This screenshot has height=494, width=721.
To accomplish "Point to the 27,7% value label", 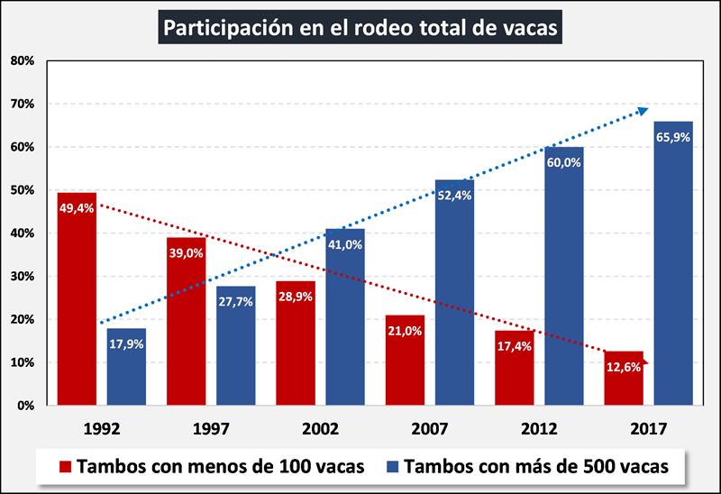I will coord(235,301).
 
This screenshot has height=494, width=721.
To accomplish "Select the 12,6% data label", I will coord(624,368).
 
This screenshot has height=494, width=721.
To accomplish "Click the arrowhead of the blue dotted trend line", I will coord(643,110).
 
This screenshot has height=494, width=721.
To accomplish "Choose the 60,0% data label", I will coord(564,162).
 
